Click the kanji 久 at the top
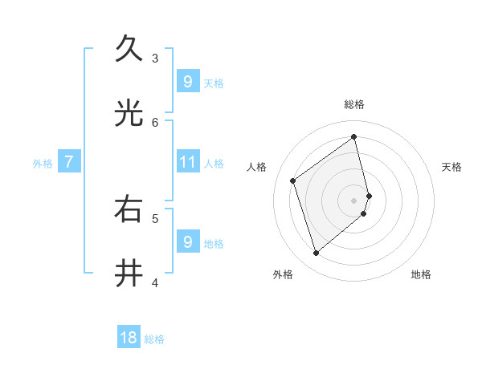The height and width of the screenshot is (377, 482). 129,48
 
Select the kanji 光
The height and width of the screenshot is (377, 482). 129,113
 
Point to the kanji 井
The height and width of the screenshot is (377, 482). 129,273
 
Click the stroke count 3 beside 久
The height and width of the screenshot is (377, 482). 155,58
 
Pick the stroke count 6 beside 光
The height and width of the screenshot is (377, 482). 155,122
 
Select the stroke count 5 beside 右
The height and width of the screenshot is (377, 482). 155,217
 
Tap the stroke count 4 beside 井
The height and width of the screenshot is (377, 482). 155,282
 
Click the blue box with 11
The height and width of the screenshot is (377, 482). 187,162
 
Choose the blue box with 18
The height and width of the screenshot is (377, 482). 129,338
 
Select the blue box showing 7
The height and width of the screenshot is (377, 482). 69,162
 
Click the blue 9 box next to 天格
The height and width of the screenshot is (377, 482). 187,81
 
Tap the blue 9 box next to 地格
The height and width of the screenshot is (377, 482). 187,241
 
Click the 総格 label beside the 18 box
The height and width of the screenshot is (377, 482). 154,339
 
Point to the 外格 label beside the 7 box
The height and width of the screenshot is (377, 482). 43,164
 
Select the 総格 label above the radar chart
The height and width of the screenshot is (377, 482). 354,104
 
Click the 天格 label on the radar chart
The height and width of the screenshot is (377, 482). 451,167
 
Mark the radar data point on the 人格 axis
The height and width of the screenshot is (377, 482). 293,180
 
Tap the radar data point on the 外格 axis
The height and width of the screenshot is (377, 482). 316,253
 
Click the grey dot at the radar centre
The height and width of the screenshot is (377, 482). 354,200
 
